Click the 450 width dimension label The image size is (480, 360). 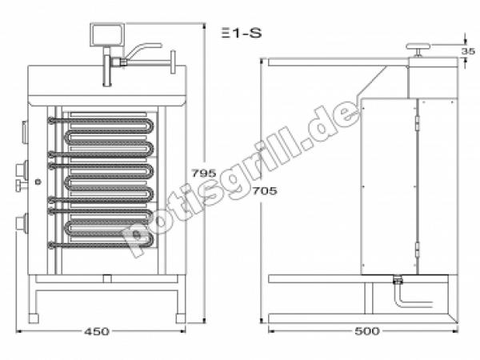[97, 331]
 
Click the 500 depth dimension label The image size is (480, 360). [367, 331]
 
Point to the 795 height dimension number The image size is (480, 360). [204, 174]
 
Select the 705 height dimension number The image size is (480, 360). [265, 191]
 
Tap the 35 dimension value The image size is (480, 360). [468, 51]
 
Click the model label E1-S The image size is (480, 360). [242, 33]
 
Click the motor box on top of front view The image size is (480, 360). [107, 35]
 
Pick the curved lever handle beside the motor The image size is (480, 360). [141, 50]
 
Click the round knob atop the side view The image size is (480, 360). [418, 47]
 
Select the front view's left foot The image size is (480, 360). [34, 318]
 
